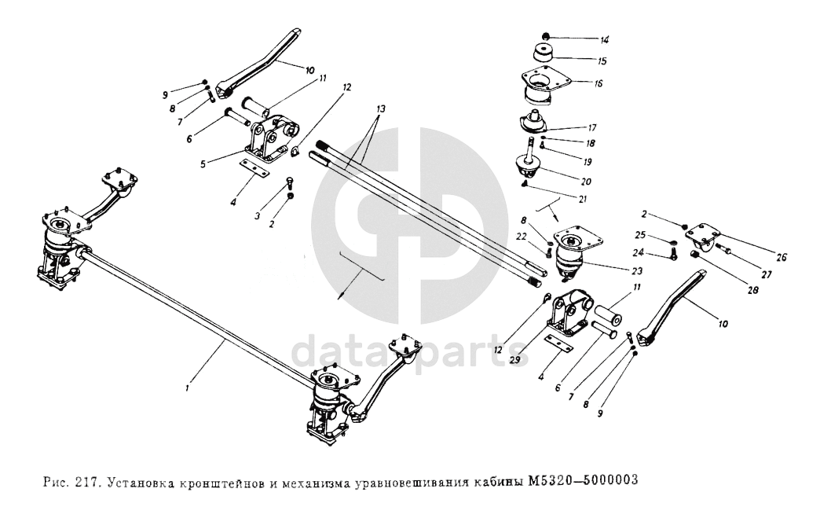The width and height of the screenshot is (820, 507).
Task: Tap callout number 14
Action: pos(582,39)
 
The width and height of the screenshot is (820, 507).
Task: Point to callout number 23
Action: pos(635,271)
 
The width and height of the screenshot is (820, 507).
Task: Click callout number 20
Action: pos(585,181)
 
